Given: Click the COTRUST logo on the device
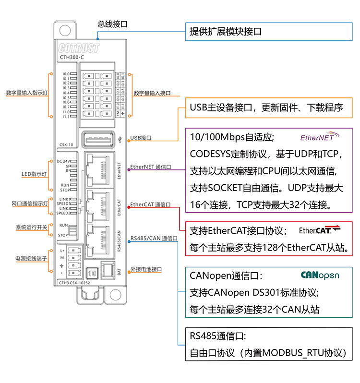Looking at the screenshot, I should coord(79,48).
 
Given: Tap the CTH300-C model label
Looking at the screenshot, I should coord(72,57).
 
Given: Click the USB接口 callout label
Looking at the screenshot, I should coord(141,138).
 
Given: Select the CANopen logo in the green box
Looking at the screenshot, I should coord(320,275).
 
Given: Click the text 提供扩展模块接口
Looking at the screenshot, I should coord(226,32).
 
